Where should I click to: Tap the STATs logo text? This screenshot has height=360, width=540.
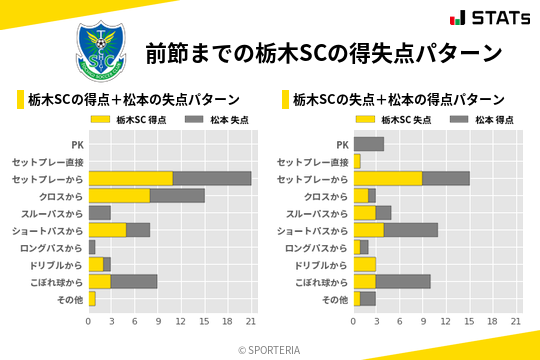coord(490,18)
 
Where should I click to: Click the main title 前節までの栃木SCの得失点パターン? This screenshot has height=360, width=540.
coord(323,52)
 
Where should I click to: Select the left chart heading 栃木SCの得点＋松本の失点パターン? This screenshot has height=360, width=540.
coord(132,100)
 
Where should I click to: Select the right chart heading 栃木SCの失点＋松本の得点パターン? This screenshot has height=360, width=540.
coord(398,100)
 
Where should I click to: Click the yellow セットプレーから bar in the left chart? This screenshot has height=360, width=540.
coord(131,178)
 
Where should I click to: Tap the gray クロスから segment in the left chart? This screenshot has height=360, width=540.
coord(177,195)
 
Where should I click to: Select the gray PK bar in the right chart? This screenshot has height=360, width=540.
coord(369,144)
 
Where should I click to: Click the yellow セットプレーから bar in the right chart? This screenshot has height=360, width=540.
coord(388,178)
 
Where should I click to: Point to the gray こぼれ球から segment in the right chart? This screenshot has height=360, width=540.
coord(403,281)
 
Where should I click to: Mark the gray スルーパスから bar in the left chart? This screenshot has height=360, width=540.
coord(99,212)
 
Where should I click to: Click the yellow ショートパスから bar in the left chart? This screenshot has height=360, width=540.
coord(108,230)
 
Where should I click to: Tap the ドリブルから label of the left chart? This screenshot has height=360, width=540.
coord(56,264)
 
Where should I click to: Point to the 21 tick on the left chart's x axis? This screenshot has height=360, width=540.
coord(251,322)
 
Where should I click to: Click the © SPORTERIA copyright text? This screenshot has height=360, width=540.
coord(270,349)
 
